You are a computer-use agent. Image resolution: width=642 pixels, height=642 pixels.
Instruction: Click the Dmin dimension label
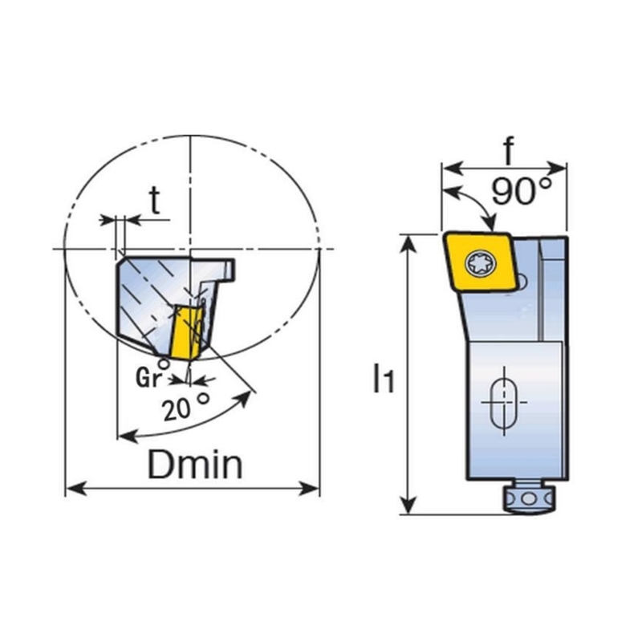pyautogui.click(x=195, y=465)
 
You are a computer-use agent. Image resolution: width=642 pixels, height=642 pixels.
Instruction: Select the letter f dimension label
pyautogui.click(x=509, y=151)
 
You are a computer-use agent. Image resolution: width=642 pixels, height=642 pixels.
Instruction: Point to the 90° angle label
pyautogui.click(x=521, y=191)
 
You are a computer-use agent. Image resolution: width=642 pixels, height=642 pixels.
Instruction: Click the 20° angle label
pyautogui.click(x=186, y=407)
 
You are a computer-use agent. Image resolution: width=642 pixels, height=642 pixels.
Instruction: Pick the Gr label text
pyautogui.click(x=148, y=378)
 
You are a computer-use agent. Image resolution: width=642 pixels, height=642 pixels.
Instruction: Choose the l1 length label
pyautogui.click(x=384, y=379)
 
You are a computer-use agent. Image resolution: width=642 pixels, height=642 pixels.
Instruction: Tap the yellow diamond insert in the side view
pyautogui.click(x=480, y=262)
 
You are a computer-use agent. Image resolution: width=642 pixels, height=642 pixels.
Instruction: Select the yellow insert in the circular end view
pyautogui.click(x=186, y=332)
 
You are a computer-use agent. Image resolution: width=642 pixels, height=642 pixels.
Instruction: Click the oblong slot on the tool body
pyautogui.click(x=504, y=402)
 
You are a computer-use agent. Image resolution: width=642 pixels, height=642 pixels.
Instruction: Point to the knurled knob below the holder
pyautogui.click(x=528, y=498)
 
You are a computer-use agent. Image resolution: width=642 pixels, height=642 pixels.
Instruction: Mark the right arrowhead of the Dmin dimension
pyautogui.click(x=309, y=489)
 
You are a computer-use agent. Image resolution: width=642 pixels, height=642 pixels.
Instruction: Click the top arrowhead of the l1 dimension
pyautogui.click(x=408, y=246)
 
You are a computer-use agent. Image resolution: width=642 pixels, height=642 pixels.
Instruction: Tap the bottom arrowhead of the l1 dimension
pyautogui.click(x=408, y=504)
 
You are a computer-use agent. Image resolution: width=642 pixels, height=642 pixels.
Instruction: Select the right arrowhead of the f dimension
pyautogui.click(x=556, y=168)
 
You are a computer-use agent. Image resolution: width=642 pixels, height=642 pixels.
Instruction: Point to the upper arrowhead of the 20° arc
pyautogui.click(x=244, y=398)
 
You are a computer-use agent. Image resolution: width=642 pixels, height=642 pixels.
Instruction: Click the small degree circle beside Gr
pyautogui.click(x=164, y=364)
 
